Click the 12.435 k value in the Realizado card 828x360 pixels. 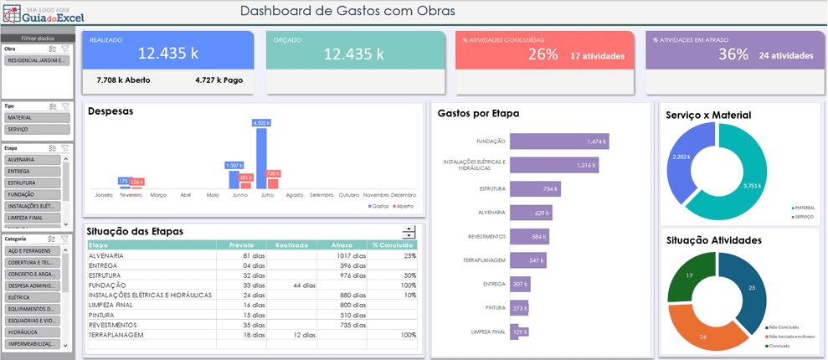167,54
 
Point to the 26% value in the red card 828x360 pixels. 543,54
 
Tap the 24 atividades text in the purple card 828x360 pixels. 785,55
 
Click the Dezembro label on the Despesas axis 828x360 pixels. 404,194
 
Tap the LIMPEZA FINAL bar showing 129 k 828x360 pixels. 519,332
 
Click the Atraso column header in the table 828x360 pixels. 342,245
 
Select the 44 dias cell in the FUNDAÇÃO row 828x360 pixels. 291,285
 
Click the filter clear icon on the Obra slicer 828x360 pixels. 65,49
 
